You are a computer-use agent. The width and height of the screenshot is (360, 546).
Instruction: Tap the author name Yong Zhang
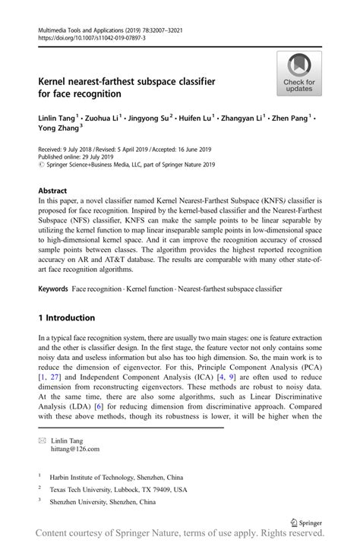point(59,130)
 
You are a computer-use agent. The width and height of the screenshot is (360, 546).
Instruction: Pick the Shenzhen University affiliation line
point(103,502)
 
